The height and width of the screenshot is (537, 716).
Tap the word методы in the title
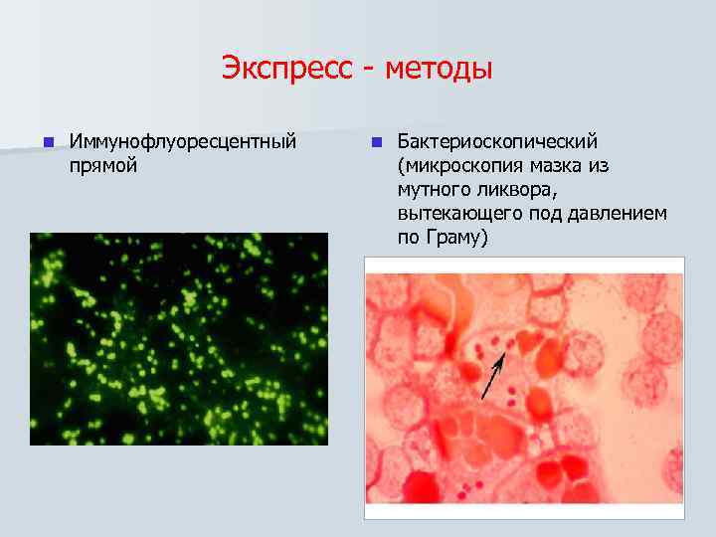438,70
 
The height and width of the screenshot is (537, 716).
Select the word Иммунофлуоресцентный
183,141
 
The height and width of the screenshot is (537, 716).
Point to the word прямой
103,165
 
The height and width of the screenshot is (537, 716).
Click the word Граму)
456,239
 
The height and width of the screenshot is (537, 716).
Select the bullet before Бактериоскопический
375,141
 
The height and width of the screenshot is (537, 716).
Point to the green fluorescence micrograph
178,338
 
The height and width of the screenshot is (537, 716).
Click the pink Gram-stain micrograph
524,388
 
